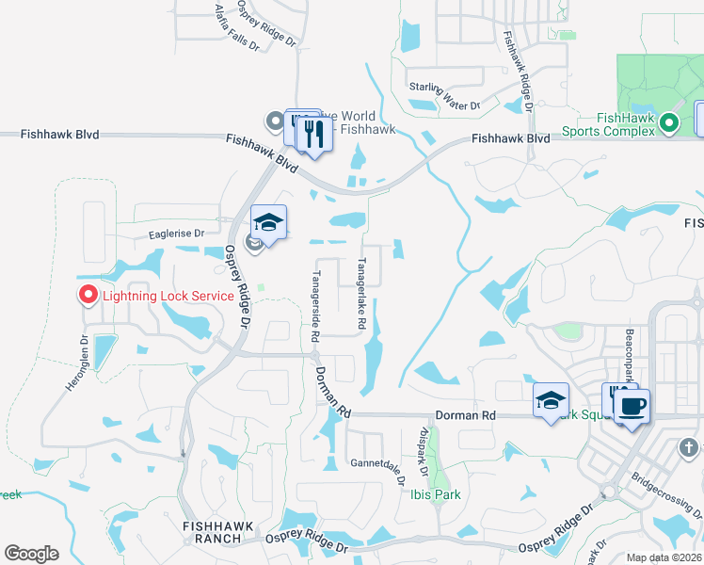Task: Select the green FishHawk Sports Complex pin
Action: pos(669,122)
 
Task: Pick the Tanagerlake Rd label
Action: pos(360,293)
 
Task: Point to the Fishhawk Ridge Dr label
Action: pos(518,72)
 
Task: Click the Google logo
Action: pos(31,554)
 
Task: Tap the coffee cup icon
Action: pos(632,406)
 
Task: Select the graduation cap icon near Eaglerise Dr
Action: pos(269,222)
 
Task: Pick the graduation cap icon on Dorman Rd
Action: pos(551,400)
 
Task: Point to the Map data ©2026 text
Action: pos(664,557)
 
